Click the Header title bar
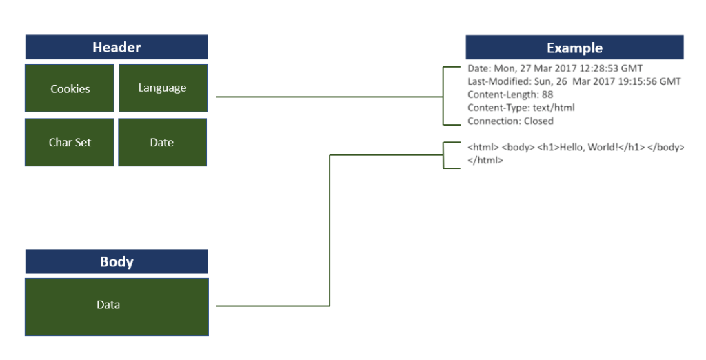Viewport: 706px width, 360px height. point(117,48)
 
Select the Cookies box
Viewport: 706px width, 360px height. point(70,88)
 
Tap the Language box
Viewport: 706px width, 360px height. point(163,88)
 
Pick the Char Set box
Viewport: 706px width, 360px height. point(70,142)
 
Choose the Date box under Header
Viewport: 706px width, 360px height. point(162,142)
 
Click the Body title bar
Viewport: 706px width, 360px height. point(117,262)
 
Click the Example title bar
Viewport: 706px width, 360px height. point(574,48)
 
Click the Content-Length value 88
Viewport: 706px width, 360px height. point(547,94)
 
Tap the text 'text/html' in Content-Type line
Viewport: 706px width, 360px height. point(554,108)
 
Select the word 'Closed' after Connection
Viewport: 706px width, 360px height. point(538,121)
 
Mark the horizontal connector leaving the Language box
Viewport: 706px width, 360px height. point(331,97)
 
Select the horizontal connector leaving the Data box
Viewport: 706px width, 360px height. point(272,306)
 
